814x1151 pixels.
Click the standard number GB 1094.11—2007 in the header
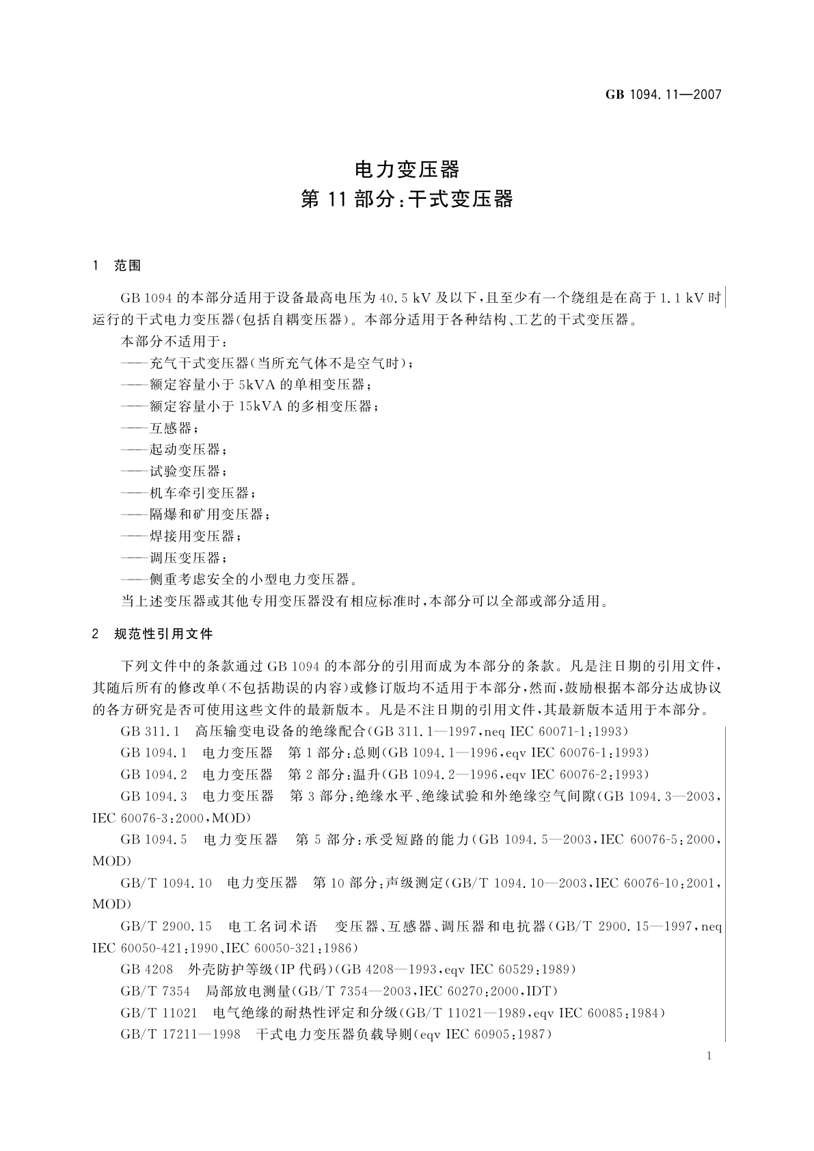pyautogui.click(x=663, y=95)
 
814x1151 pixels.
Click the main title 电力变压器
pyautogui.click(x=407, y=169)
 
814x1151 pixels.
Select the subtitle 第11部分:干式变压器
pyautogui.click(x=407, y=200)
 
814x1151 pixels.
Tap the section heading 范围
pyautogui.click(x=128, y=266)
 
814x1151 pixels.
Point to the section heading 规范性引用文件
pyautogui.click(x=163, y=634)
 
